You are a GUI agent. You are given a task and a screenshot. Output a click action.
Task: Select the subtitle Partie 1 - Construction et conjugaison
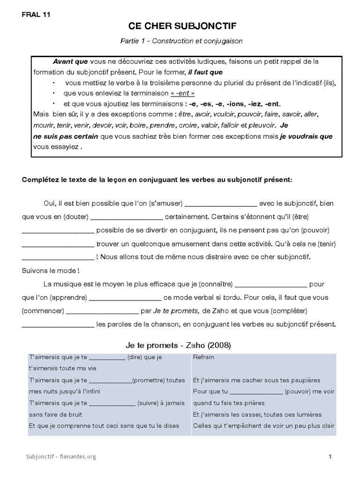pyautogui.click(x=181, y=41)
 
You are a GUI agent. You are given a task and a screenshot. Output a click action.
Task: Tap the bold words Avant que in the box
pyautogui.click(x=70, y=62)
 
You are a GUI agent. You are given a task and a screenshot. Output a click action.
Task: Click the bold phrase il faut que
pyautogui.click(x=205, y=72)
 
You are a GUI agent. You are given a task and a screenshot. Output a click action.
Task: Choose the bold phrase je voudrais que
pyautogui.click(x=306, y=136)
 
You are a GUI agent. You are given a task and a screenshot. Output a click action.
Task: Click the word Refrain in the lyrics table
pyautogui.click(x=203, y=357)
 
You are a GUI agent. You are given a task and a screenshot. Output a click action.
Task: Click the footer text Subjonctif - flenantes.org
pyautogui.click(x=61, y=456)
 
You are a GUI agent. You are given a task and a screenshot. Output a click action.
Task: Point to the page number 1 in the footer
pyautogui.click(x=330, y=456)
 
